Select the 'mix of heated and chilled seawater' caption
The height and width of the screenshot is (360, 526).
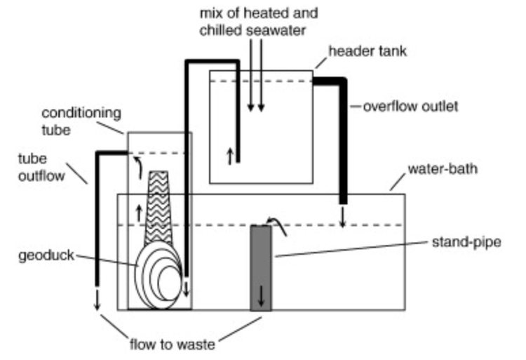(257, 22)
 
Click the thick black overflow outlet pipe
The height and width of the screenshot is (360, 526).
(342, 140)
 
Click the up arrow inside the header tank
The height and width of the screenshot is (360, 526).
(229, 156)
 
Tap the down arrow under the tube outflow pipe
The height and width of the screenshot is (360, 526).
(97, 298)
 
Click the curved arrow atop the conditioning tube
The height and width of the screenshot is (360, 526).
(137, 166)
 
